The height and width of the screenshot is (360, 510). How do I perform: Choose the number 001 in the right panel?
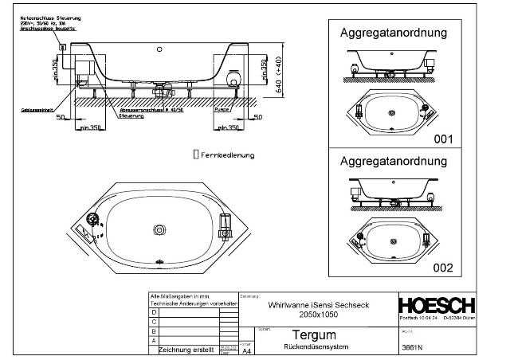pyautogui.click(x=442, y=139)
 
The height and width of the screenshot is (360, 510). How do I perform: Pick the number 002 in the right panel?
pyautogui.click(x=442, y=268)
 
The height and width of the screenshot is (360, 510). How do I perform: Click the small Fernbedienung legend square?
pyautogui.click(x=197, y=155)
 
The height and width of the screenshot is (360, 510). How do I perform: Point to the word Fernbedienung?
pyautogui.click(x=229, y=155)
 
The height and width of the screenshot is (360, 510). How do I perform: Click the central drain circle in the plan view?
pyautogui.click(x=160, y=230)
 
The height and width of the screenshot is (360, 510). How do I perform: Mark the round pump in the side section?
pyautogui.click(x=234, y=78)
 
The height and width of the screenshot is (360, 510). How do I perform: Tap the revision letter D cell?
pyautogui.click(x=154, y=312)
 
